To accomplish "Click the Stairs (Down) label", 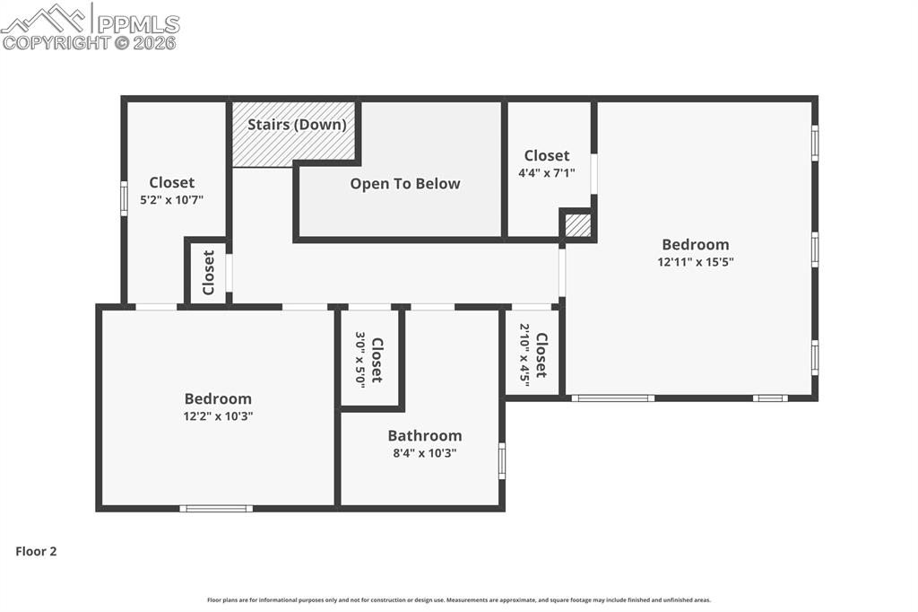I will pos(297,125).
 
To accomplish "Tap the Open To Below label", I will pos(405,184).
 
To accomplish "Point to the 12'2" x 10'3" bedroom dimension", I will pos(218,416).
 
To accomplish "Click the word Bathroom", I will pos(425,436).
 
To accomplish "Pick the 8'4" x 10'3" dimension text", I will pos(425,453).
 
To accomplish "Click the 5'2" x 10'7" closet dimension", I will pos(172,200).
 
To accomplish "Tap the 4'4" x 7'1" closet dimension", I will pos(547,173).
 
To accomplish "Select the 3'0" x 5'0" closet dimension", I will pos(360,359).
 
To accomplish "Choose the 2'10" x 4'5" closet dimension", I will pos(524,354).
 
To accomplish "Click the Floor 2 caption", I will pos(36,552).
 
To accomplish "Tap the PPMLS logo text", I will pos(137,23).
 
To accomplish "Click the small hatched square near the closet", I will pos(578,225).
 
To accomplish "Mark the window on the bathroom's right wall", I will pos(502,460).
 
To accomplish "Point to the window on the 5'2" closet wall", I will pos(124,198).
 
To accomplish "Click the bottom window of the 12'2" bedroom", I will pos(216,509).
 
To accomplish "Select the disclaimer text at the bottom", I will pos(459,600).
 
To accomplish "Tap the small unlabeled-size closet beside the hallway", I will pos(208,272).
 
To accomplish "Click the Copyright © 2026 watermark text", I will pos(89,42).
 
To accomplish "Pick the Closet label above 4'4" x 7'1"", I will pos(547,156).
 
